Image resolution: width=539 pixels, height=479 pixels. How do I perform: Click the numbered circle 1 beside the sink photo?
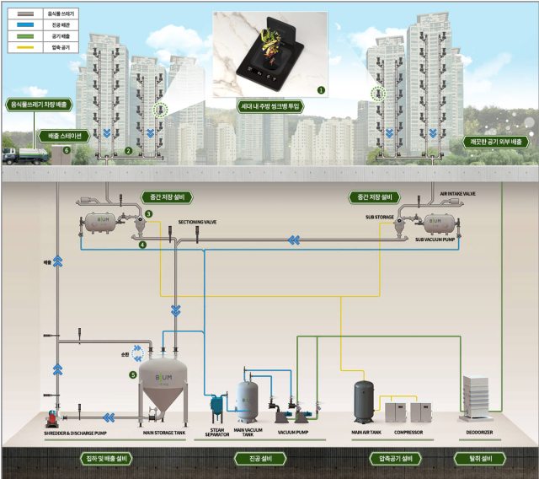coord(319,89)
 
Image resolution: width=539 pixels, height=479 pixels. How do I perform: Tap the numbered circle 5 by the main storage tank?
coord(132,374)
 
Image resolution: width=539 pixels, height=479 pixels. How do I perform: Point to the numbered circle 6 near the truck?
coord(66,149)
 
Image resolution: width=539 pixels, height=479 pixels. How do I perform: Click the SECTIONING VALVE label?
coord(197,223)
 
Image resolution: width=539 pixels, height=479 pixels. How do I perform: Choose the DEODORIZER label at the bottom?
coord(479,433)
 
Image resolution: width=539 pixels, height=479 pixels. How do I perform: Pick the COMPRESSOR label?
coord(408,433)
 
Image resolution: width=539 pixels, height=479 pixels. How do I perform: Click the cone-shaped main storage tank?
coord(164,388)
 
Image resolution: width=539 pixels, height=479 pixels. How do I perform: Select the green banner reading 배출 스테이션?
coord(63,135)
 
